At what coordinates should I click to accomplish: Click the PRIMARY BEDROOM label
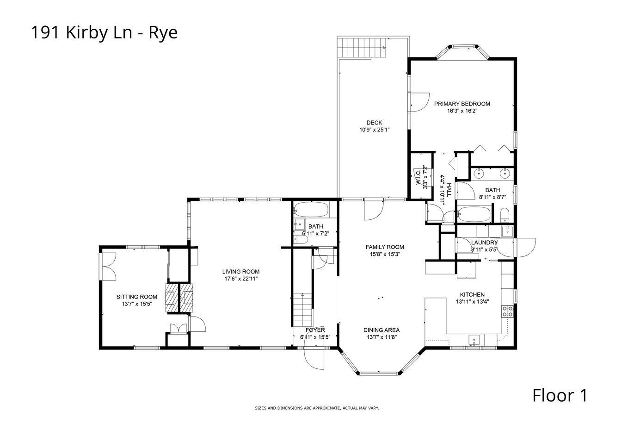pos(462,104)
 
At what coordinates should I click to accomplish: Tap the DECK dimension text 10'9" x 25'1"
pos(375,130)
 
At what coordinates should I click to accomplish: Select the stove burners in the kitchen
pos(507,311)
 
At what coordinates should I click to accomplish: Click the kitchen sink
pos(474,340)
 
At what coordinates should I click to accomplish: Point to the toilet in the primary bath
pos(505,215)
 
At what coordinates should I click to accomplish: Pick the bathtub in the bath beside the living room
pos(311,210)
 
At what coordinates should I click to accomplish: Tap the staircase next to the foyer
pos(302,310)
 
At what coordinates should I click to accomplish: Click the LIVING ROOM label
pos(241,271)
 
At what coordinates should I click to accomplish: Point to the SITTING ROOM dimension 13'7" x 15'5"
pos(137,304)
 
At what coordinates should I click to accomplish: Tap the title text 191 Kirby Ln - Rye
pos(104,32)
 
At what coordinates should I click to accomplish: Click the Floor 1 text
pos(560,395)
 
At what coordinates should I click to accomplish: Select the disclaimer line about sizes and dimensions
pos(317,408)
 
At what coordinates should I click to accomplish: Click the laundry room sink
pos(507,231)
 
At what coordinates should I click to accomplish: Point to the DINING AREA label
pos(382,330)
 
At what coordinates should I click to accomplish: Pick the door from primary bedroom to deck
pos(419,102)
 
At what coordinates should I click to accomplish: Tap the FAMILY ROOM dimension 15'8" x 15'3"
pos(385,254)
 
